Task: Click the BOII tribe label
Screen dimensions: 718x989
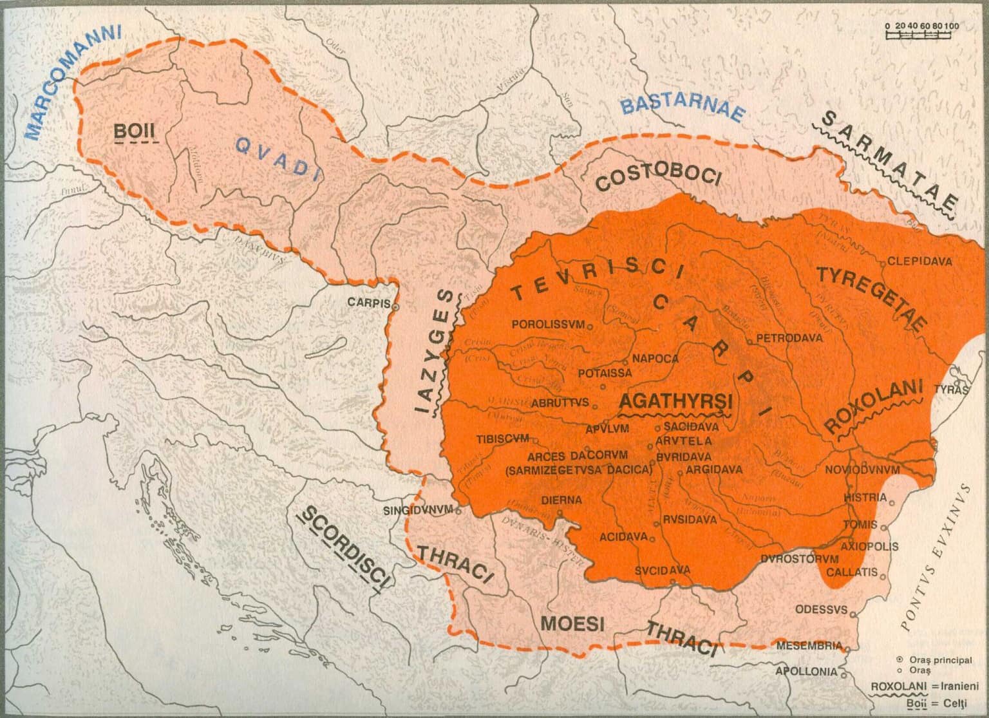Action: point(135,131)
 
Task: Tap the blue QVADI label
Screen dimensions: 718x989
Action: point(278,156)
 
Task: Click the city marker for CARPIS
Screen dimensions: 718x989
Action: point(395,307)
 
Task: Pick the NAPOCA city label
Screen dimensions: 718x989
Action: point(655,359)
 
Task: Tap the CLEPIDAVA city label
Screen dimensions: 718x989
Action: point(914,261)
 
